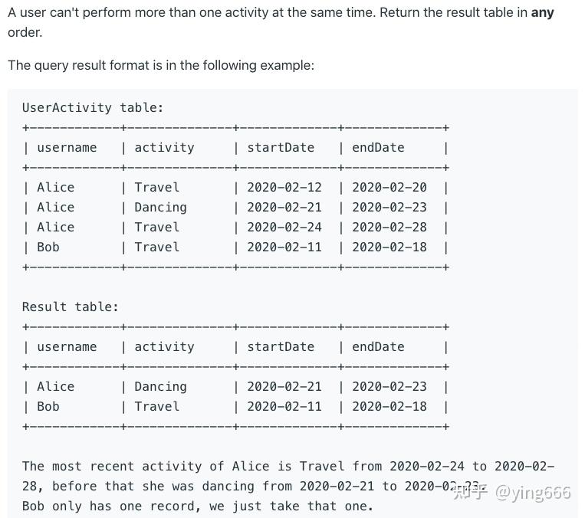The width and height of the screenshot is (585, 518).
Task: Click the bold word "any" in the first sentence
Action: coord(542,13)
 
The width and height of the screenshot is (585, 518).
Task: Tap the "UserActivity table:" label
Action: coord(93,108)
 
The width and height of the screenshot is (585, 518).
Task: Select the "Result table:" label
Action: coord(71,307)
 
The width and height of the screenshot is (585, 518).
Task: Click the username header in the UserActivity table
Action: coord(67,148)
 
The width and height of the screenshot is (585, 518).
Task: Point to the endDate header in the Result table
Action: coord(378,347)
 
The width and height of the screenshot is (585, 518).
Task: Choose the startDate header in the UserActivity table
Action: coord(281,148)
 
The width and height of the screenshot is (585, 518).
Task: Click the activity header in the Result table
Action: coord(164,347)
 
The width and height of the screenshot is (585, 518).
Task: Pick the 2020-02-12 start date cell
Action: coord(284,188)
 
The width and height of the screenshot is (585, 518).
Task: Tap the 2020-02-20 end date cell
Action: coord(389,188)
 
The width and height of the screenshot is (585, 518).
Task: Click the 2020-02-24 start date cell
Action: coord(284,228)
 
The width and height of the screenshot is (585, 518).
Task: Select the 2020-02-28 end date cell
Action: coord(389,228)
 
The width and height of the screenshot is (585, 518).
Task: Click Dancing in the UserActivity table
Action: coord(160,208)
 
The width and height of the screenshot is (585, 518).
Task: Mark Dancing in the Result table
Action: coord(160,387)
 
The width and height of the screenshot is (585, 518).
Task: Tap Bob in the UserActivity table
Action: coord(48,248)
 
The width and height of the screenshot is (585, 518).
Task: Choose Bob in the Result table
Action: coord(48,407)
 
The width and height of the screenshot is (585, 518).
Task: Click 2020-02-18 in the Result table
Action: coord(389,407)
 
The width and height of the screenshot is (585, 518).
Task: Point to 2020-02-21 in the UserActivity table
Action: coord(284,208)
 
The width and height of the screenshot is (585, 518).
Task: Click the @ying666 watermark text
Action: coord(533,492)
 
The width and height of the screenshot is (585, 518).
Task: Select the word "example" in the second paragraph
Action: coord(285,65)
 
